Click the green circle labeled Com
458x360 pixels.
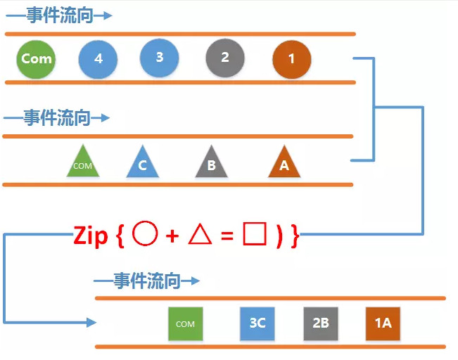coord(36,58)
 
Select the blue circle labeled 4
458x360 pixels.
coord(98,59)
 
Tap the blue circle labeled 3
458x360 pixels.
coord(160,57)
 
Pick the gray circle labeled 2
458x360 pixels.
coord(225,58)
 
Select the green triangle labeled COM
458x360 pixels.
coord(83,163)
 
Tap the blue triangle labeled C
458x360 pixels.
coord(143,164)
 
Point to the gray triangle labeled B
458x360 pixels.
coord(211,164)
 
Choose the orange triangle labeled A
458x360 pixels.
coord(284,163)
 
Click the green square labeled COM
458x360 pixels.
coord(185,323)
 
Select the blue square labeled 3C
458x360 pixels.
coord(257,323)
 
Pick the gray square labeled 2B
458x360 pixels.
coord(321,323)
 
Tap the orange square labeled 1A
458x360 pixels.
coord(383,323)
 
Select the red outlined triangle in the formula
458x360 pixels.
coord(201,235)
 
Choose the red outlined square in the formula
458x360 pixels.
coord(254,235)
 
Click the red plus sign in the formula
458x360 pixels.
coord(172,236)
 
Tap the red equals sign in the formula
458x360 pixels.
coord(227,237)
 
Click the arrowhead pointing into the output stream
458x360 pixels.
coord(91,323)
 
